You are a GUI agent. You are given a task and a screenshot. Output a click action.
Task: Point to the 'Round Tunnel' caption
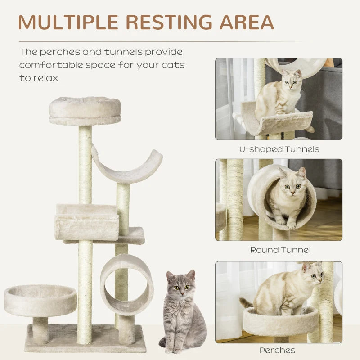pos(280,250)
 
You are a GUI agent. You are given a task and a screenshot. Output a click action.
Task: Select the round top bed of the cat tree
pos(85,111)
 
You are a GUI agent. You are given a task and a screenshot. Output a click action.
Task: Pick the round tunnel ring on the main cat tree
pos(126,283)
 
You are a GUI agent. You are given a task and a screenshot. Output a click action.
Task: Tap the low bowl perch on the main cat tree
pos(40,299)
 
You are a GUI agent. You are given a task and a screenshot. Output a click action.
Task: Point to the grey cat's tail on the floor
pos(163,342)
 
